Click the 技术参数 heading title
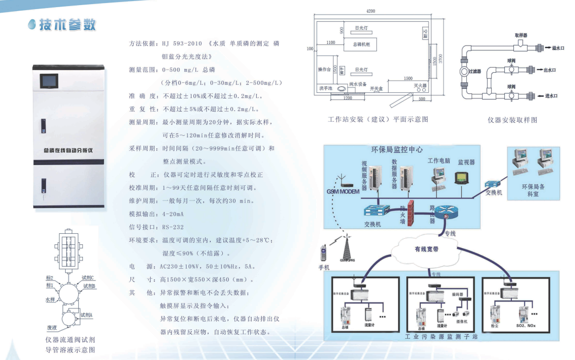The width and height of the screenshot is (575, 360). pyautogui.click(x=68, y=25)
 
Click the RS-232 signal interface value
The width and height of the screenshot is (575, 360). pyautogui.click(x=173, y=227)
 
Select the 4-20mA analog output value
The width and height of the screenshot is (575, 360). pyautogui.click(x=173, y=214)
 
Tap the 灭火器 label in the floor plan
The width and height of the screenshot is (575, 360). pyautogui.click(x=421, y=86)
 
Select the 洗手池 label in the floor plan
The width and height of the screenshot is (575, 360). pyautogui.click(x=325, y=88)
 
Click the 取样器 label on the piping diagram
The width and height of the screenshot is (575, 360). pyautogui.click(x=521, y=35)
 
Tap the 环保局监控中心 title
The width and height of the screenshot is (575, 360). pyautogui.click(x=397, y=150)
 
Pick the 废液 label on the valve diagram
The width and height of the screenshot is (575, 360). pyautogui.click(x=52, y=327)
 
